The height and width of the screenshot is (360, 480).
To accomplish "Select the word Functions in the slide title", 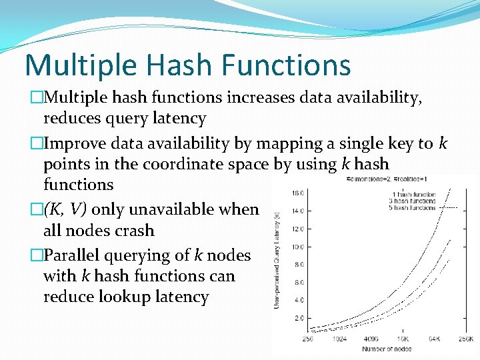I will [284, 65].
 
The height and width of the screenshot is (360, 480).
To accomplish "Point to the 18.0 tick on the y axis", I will [297, 193].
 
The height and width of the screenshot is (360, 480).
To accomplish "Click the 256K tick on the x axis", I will [466, 339].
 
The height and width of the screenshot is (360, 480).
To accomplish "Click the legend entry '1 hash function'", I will [414, 195].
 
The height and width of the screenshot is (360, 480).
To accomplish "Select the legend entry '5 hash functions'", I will [413, 208].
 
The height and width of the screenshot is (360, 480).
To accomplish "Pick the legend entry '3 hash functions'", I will [413, 201].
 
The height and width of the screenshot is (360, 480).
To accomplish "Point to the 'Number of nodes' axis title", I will [386, 349].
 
